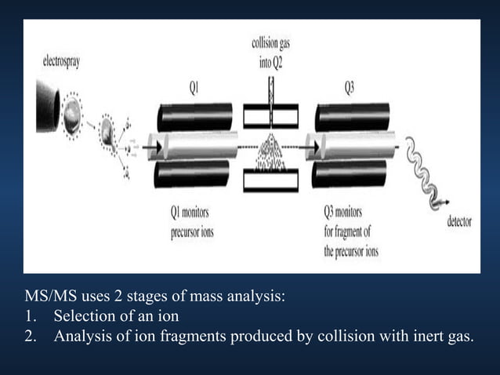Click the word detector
[459, 222]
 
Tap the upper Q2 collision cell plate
[270, 116]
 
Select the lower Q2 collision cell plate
[270, 180]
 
